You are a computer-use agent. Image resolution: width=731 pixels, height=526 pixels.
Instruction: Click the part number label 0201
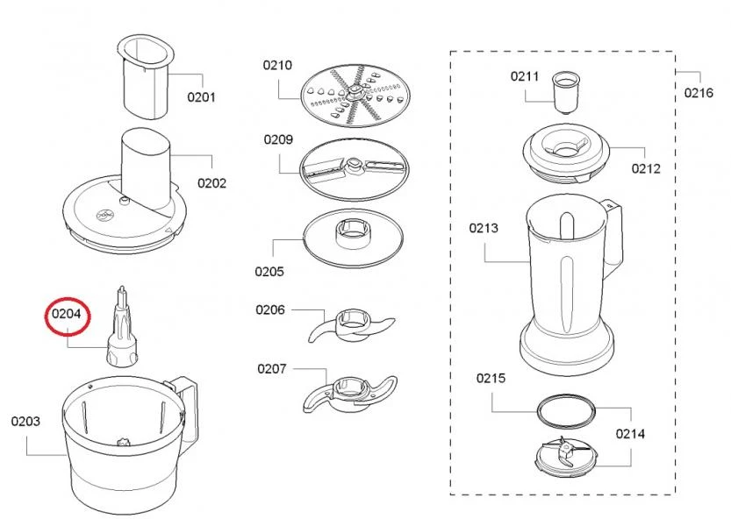tap(201, 97)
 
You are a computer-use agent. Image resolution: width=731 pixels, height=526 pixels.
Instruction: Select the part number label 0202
tap(211, 183)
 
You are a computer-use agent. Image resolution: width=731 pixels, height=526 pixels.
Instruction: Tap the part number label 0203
tap(25, 422)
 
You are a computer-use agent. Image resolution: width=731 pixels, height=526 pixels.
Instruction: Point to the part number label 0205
tap(270, 272)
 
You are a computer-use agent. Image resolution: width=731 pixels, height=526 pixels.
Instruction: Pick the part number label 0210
tap(277, 65)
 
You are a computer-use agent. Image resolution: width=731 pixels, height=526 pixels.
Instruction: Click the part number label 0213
tap(484, 228)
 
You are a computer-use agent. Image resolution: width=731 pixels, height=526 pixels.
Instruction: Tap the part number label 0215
tap(491, 379)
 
